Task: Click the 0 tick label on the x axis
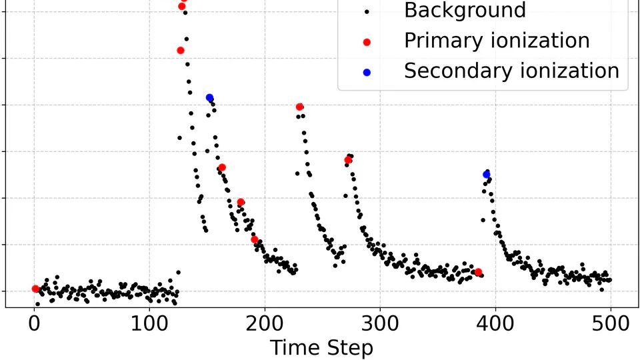pyautogui.click(x=34, y=325)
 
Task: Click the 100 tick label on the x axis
pyautogui.click(x=149, y=325)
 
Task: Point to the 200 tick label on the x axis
pyautogui.click(x=265, y=325)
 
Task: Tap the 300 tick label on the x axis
pyautogui.click(x=380, y=325)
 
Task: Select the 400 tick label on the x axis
pyautogui.click(x=495, y=325)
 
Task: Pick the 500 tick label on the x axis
pyautogui.click(x=611, y=325)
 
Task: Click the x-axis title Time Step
pyautogui.click(x=321, y=348)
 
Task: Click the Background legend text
pyautogui.click(x=465, y=11)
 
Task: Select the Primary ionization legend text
pyautogui.click(x=497, y=41)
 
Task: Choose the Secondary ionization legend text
pyautogui.click(x=511, y=71)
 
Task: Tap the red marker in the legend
pyautogui.click(x=366, y=41)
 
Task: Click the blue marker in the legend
pyautogui.click(x=366, y=71)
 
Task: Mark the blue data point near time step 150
pyautogui.click(x=209, y=98)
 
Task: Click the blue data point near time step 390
pyautogui.click(x=487, y=175)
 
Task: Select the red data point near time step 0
pyautogui.click(x=35, y=289)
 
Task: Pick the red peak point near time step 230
pyautogui.click(x=299, y=107)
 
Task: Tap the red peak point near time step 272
pyautogui.click(x=348, y=160)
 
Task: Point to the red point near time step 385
pyautogui.click(x=478, y=272)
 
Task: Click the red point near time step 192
pyautogui.click(x=254, y=239)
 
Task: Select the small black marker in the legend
pyautogui.click(x=366, y=11)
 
